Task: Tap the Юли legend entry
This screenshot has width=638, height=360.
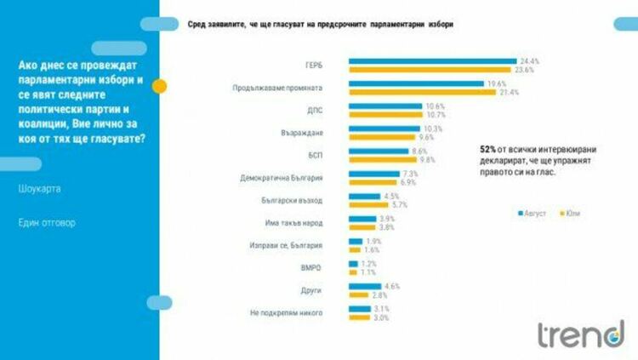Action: (574, 212)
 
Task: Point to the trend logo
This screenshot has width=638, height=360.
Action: (579, 334)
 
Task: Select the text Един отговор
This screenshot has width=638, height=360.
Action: (46, 222)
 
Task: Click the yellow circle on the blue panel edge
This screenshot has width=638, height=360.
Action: (159, 85)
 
